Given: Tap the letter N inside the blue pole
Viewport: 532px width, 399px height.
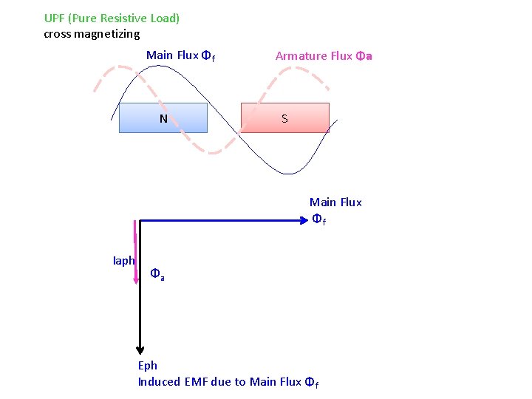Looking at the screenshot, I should point(163,118).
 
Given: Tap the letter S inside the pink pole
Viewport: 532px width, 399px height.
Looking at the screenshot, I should point(284,118).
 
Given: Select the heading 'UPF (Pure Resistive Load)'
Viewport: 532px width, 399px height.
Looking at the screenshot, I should point(112,18).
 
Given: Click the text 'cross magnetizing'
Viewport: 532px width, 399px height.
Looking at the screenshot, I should point(92,33).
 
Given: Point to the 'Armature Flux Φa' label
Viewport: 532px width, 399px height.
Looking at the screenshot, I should point(324,55).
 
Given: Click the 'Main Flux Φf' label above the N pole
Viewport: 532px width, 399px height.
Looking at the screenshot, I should point(180,55).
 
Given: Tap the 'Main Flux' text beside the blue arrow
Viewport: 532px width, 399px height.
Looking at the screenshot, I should point(335,202).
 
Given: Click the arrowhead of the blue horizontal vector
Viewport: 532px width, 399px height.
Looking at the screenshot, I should point(302,219).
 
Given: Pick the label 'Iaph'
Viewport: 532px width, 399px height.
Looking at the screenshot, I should point(123,260).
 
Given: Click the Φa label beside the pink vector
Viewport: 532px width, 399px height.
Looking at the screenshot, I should point(157,273).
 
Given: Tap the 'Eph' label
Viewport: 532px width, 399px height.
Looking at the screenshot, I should point(148,365).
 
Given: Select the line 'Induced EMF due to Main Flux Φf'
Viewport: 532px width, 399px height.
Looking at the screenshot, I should point(228,382).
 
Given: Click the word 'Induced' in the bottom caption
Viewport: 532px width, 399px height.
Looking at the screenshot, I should point(159,381).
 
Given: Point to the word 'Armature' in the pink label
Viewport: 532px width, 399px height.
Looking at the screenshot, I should point(299,55).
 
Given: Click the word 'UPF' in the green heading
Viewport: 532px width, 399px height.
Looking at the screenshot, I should point(54,18).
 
